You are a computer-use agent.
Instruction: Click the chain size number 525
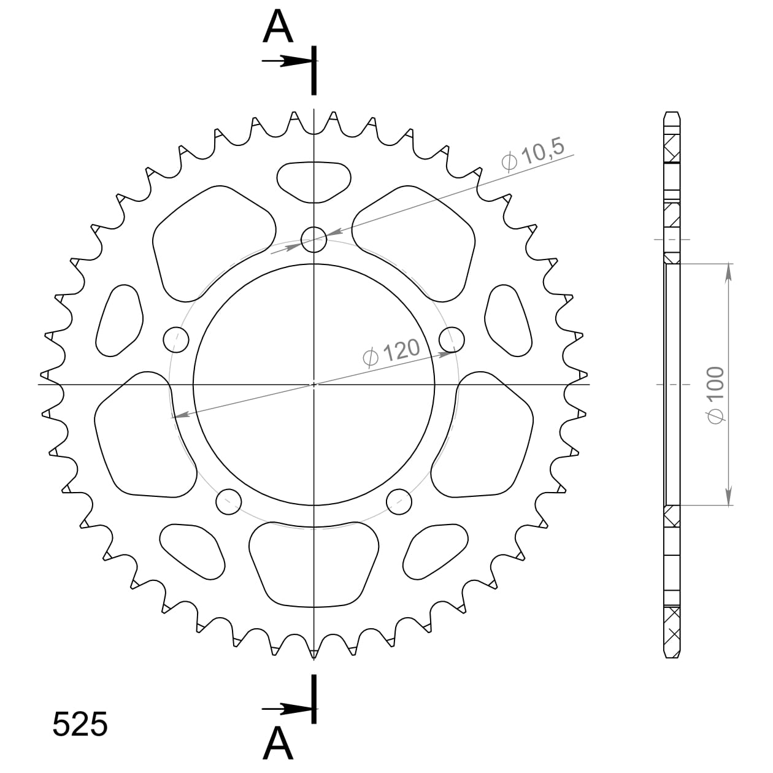click(x=80, y=725)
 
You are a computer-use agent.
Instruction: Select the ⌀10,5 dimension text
click(x=532, y=155)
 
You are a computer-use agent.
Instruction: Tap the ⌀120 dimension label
click(x=391, y=353)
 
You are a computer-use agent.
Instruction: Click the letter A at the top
click(x=278, y=28)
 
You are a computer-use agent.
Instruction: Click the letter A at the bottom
click(x=278, y=744)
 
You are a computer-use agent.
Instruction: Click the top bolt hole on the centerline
click(x=314, y=239)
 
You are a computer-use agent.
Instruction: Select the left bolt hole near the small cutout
click(x=176, y=339)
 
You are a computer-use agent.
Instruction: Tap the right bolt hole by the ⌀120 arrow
click(x=452, y=339)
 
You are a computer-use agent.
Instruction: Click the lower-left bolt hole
click(x=229, y=502)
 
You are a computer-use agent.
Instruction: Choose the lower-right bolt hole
click(x=399, y=502)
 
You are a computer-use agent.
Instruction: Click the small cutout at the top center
click(x=314, y=181)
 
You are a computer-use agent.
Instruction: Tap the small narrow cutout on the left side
click(x=120, y=321)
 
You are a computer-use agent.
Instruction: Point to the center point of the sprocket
click(x=314, y=385)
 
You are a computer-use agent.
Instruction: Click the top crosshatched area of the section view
click(x=672, y=148)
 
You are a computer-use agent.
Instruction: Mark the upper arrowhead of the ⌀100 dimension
click(x=728, y=273)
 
